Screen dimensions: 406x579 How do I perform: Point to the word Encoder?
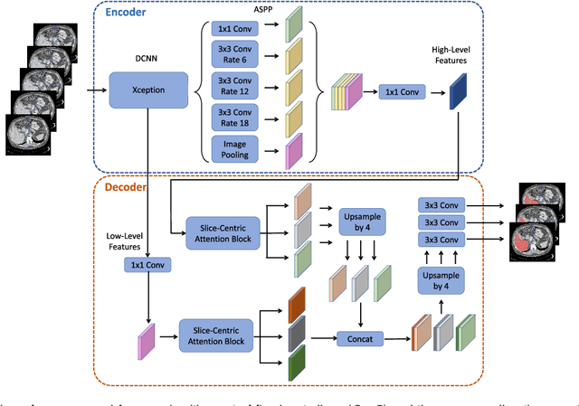(133, 14)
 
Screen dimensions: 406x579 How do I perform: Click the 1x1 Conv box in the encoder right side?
(403, 90)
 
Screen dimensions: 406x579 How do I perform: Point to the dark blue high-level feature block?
(459, 90)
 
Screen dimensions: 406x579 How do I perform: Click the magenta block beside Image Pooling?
(294, 150)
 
